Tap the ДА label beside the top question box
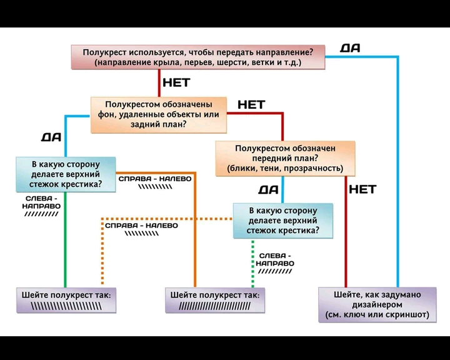[351, 48]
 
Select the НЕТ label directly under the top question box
[176, 82]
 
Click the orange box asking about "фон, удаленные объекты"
[158, 114]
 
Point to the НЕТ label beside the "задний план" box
[251, 104]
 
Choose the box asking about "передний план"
[285, 158]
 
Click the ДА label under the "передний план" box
[268, 189]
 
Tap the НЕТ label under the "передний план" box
[362, 189]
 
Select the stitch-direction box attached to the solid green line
[66, 174]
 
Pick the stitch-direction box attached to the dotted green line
[282, 220]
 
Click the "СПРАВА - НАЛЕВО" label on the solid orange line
[155, 182]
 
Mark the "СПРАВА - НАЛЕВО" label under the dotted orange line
[141, 229]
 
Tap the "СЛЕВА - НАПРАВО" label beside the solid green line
[41, 206]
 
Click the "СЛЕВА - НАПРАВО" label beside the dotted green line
[275, 263]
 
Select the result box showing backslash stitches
[66, 301]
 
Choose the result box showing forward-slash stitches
[215, 301]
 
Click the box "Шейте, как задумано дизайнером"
[377, 304]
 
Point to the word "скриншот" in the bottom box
[408, 314]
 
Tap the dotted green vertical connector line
[252, 266]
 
